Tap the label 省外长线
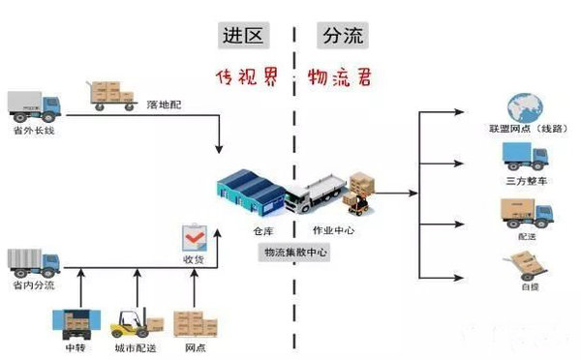[34, 130]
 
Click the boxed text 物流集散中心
[295, 252]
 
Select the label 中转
[75, 346]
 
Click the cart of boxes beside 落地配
[111, 95]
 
